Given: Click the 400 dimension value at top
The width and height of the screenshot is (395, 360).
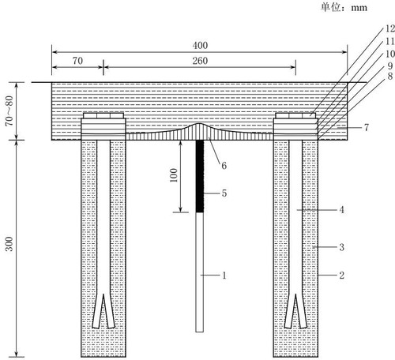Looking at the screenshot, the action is click(200, 46).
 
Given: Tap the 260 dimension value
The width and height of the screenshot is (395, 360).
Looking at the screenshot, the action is click(200, 61).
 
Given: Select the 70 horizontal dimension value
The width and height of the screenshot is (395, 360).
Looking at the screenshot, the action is click(77, 61).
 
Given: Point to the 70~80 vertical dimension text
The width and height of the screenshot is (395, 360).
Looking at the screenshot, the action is click(9, 111).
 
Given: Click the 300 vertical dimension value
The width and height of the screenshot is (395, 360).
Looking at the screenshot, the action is click(9, 244).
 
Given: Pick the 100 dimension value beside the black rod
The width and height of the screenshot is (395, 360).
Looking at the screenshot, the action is click(174, 175).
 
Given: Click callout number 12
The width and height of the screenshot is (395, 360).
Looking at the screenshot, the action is click(390, 28).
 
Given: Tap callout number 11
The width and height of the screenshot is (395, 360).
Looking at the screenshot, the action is click(390, 41).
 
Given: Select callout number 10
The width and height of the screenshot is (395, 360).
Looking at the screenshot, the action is click(390, 54).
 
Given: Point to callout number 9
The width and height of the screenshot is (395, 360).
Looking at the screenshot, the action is click(390, 66).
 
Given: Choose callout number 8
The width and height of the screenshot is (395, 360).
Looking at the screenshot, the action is click(390, 77).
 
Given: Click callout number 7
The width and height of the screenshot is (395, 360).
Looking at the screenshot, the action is click(367, 128).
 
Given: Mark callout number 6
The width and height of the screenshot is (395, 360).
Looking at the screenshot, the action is click(224, 166).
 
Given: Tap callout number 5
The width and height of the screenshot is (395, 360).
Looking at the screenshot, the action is click(224, 193).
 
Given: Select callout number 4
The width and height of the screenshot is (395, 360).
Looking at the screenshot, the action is click(341, 210).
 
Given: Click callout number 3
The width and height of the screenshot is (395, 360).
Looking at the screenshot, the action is click(341, 247).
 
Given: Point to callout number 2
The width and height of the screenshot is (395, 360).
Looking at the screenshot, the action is click(341, 276).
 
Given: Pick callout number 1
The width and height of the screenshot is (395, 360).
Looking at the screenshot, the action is click(224, 276).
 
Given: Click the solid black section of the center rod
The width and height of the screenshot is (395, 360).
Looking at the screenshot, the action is click(200, 176).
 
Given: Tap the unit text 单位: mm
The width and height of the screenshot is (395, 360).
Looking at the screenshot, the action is click(344, 7).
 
